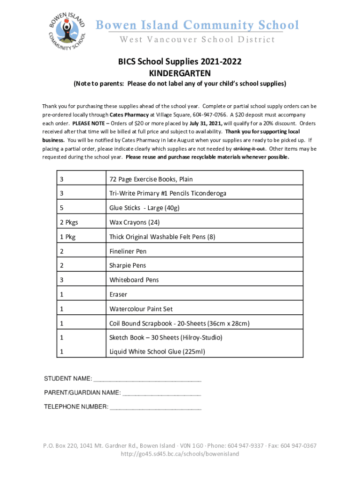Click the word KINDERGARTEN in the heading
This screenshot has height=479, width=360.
[180, 73]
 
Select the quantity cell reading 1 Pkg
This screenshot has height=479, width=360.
[67, 237]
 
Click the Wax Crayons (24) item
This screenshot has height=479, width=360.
[135, 222]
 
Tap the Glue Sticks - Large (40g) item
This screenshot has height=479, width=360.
[144, 208]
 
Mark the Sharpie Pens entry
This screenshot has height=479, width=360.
[128, 265]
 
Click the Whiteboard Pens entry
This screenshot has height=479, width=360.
[134, 280]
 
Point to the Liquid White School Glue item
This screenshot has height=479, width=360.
[157, 352]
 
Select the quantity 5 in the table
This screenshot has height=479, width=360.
[62, 208]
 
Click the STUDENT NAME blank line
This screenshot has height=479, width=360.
[148, 379]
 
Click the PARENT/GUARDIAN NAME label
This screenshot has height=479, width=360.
[82, 392]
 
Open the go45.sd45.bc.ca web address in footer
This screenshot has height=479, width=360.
[180, 454]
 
